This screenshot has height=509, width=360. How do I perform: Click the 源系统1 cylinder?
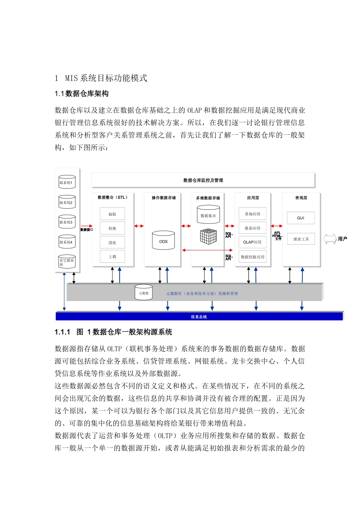pos(67,182)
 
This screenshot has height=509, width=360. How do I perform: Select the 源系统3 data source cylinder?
pos(67,222)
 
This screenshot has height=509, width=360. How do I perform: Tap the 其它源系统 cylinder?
pos(67,262)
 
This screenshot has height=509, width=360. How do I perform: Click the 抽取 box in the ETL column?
pos(112,214)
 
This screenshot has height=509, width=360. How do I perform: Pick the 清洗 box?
pos(112,242)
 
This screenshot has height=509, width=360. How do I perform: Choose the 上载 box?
pos(112,256)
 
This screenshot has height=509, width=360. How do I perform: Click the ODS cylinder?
pos(163,241)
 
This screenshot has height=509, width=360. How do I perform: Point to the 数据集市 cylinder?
pos(208,215)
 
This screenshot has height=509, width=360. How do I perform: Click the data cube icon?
pos(208,236)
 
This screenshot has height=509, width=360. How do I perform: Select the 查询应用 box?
pos(252,214)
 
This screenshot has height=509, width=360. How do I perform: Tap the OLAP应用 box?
pos(252,242)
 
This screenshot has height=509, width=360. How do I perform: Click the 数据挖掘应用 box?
pos(252,257)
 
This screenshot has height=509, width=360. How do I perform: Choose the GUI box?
pos(301,218)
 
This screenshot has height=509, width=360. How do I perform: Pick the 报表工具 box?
pos(301,239)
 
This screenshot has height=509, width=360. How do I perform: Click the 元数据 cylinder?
pos(144,293)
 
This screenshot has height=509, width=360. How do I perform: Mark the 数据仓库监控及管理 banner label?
pos(203,180)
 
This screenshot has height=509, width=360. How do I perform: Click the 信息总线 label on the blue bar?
pos(199,317)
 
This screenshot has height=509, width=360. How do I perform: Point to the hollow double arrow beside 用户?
pos(330,239)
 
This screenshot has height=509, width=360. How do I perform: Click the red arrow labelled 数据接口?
pos(86,226)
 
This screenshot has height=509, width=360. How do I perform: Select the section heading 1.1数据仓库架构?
pos(81,94)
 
